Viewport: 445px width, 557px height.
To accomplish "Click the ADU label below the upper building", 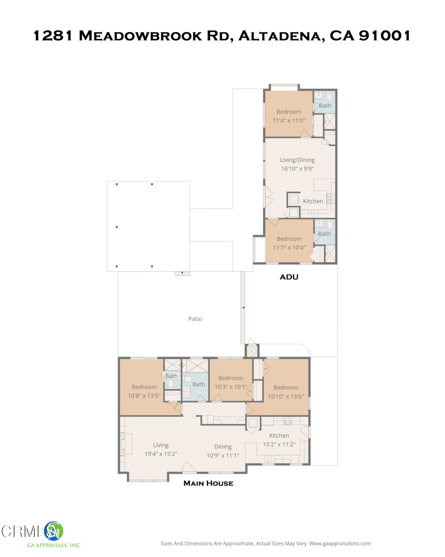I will pyautogui.click(x=289, y=277).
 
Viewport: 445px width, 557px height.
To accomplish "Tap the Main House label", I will pyautogui.click(x=208, y=483).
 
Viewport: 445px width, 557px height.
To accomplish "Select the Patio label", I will pyautogui.click(x=195, y=319).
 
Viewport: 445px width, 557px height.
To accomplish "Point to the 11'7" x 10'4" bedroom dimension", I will pyautogui.click(x=289, y=247).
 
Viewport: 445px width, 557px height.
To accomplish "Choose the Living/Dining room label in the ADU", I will pyautogui.click(x=297, y=160).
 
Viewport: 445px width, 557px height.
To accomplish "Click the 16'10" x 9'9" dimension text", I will pyautogui.click(x=297, y=169).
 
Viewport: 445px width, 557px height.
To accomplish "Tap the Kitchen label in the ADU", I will pyautogui.click(x=313, y=201).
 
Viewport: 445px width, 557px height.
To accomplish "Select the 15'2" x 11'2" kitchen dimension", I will pyautogui.click(x=279, y=444).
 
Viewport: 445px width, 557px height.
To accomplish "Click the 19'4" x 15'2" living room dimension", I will pyautogui.click(x=161, y=454).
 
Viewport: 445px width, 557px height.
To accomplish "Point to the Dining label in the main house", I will pyautogui.click(x=223, y=447).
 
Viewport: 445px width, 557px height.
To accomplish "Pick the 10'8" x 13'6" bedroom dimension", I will pyautogui.click(x=143, y=396).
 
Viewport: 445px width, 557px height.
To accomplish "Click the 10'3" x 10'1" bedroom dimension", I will pyautogui.click(x=230, y=387).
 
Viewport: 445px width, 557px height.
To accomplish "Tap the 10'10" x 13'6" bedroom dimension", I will pyautogui.click(x=285, y=397).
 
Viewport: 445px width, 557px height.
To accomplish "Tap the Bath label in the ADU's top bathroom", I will pyautogui.click(x=325, y=106).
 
